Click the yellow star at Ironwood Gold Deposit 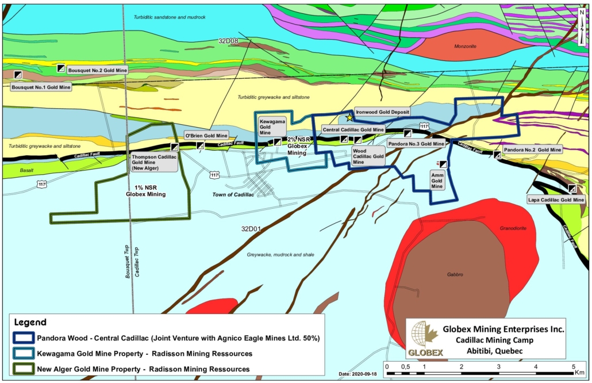[x=349, y=117]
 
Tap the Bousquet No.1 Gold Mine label [x=41, y=87]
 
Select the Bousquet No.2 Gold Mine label [x=97, y=70]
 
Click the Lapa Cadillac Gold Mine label [x=556, y=200]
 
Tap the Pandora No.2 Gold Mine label [x=532, y=150]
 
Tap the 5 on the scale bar [x=573, y=366]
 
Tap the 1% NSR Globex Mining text [x=145, y=190]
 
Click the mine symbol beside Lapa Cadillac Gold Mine [x=572, y=189]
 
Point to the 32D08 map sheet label [x=228, y=41]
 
